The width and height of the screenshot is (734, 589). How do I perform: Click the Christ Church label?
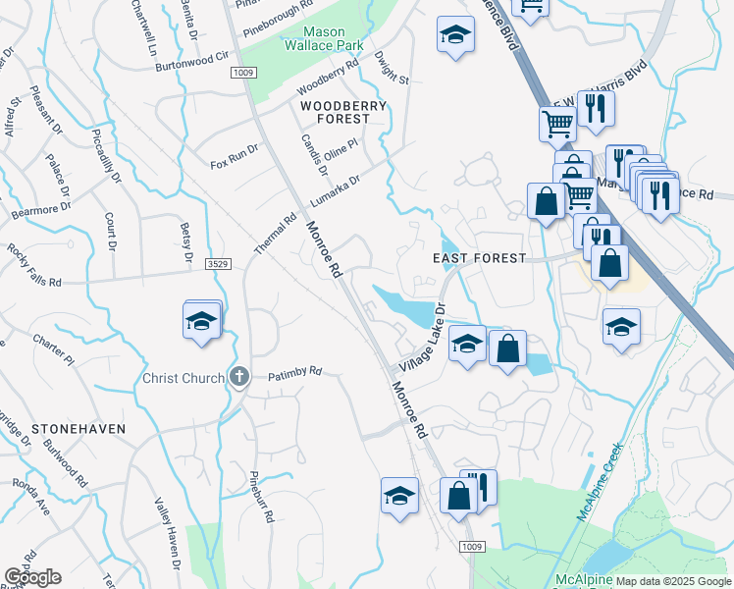[x=183, y=378]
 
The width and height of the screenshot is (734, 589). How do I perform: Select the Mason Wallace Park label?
[x=324, y=38]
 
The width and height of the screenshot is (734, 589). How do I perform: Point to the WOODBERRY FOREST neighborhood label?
[x=336, y=111]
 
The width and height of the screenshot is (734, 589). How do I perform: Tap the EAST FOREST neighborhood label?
[x=481, y=258]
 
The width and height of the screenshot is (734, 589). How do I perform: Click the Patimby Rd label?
[x=295, y=372]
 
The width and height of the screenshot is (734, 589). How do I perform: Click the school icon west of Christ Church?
[x=201, y=322]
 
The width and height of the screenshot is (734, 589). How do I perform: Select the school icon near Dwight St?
[x=454, y=35]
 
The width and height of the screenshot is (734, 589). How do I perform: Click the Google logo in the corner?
[x=32, y=577]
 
